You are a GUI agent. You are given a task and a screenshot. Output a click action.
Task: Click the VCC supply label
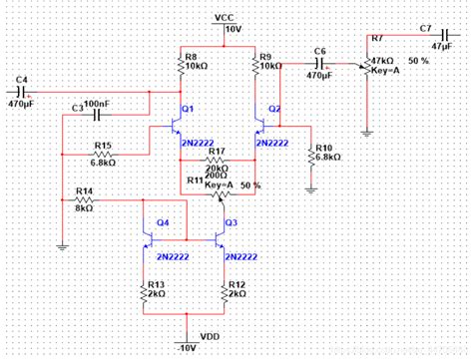point(224,18)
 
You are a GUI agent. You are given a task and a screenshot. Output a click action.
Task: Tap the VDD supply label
point(210,336)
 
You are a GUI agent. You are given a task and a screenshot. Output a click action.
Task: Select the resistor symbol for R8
point(180,63)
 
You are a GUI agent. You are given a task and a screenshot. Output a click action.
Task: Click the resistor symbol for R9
point(254,63)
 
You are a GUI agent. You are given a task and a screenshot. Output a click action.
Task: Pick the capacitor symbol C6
point(320,62)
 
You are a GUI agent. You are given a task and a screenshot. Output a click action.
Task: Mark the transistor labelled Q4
point(150,240)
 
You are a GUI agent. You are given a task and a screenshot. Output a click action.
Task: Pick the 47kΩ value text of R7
point(383,61)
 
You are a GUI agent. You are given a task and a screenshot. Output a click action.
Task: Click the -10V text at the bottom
point(188,348)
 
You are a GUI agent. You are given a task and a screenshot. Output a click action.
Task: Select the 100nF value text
point(98,103)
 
